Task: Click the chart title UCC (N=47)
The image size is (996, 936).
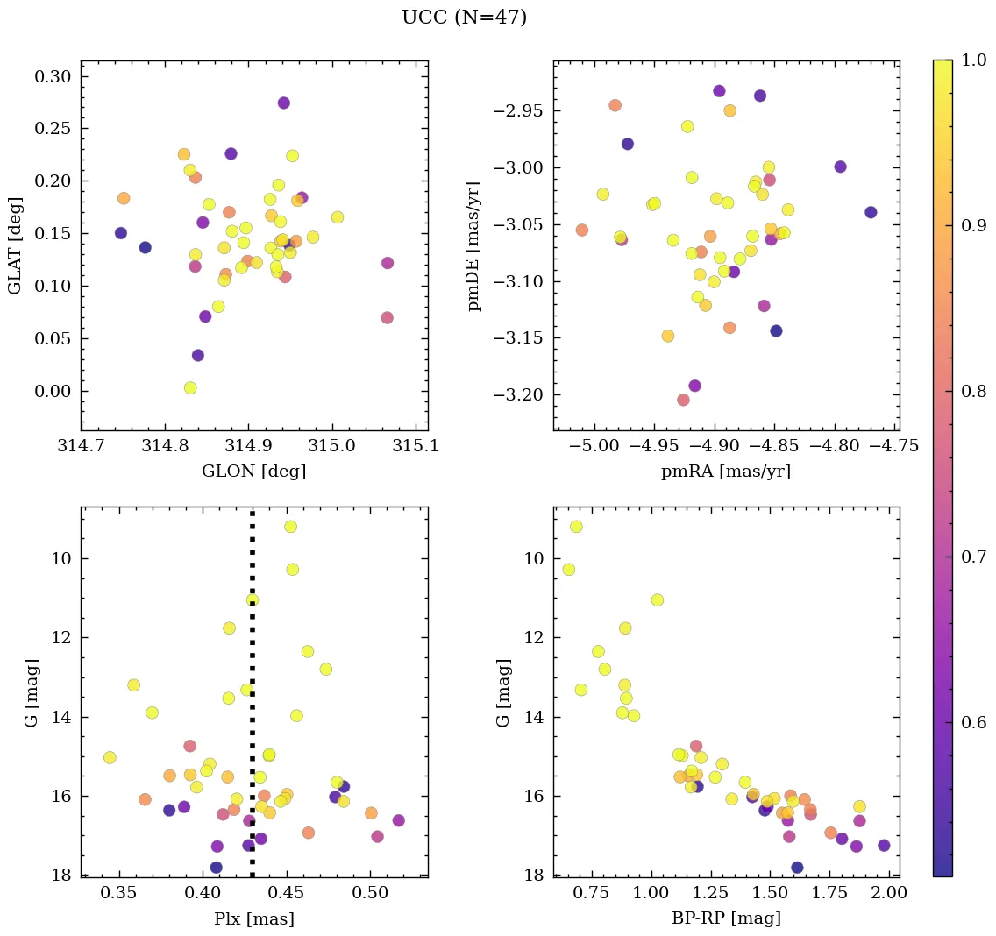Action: [x=464, y=18]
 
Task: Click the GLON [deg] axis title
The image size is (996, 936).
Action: [x=253, y=472]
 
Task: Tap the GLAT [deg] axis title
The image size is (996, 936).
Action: [x=16, y=245]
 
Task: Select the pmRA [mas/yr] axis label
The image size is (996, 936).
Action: [x=726, y=472]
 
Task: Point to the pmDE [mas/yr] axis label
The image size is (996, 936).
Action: [x=474, y=245]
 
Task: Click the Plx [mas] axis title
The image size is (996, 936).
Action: [x=253, y=918]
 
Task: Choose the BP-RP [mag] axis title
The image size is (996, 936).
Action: [x=726, y=918]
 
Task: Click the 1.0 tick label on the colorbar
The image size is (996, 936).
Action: [x=975, y=60]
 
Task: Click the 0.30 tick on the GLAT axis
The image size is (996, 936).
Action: [x=53, y=76]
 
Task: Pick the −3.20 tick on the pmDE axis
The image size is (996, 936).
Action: [x=517, y=395]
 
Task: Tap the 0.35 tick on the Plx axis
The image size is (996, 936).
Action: [x=120, y=893]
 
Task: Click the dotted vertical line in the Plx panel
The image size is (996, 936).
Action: [x=253, y=692]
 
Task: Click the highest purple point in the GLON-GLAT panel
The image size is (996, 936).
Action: [x=283, y=103]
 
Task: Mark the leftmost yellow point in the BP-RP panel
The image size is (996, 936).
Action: [x=568, y=570]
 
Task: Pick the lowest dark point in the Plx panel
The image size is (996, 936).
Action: [x=216, y=868]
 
